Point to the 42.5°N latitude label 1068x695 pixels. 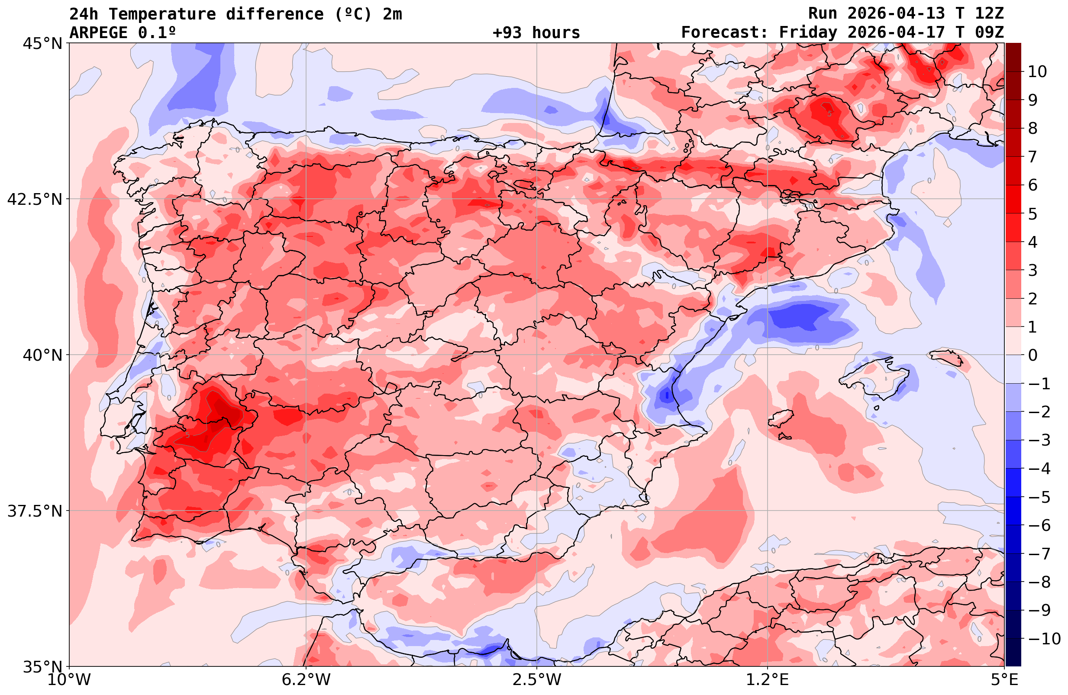coord(35,199)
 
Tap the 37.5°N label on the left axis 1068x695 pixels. coord(35,511)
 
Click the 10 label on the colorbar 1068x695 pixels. coord(1037,72)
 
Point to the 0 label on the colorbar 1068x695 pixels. coord(1033,355)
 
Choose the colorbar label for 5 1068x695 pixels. coord(1033,214)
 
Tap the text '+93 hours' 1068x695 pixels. coord(536,33)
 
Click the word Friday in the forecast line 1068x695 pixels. coord(808,33)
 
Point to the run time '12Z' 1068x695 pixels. coord(989,14)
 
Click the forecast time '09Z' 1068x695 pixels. coord(989,33)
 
